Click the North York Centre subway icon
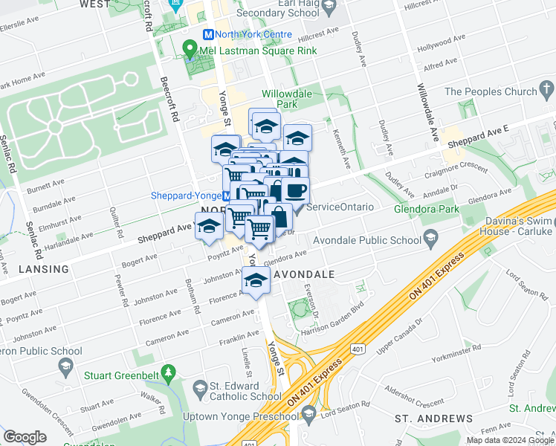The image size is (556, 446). coord(209,34)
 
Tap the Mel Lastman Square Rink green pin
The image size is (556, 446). coord(189,50)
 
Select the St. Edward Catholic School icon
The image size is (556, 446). coord(199,387)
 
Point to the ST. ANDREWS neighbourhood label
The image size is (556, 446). coord(433,420)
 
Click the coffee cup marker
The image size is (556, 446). coord(295,190)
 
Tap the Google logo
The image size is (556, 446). coord(25,437)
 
